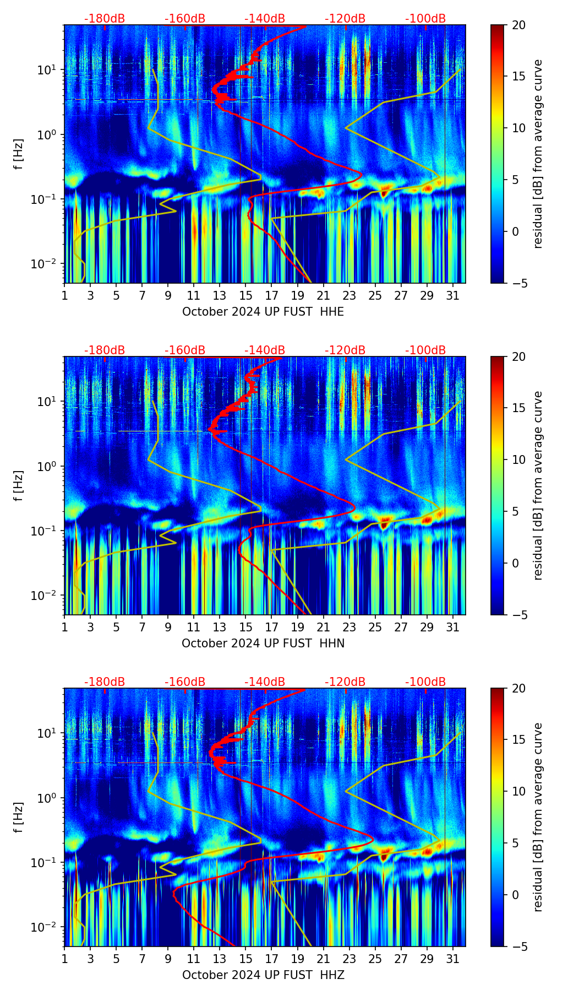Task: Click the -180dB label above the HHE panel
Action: pyautogui.click(x=105, y=19)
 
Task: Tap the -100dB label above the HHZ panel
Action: pyautogui.click(x=425, y=682)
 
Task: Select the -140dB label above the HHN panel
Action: pyautogui.click(x=265, y=350)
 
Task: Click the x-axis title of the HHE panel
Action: pyautogui.click(x=263, y=312)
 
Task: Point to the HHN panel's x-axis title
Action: pyautogui.click(x=263, y=643)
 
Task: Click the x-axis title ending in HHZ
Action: pyautogui.click(x=263, y=975)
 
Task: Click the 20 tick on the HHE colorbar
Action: pyautogui.click(x=519, y=25)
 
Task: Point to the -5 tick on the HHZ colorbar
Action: pyautogui.click(x=519, y=947)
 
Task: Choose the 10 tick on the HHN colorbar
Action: pyautogui.click(x=519, y=459)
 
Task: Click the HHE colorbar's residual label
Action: pyautogui.click(x=538, y=154)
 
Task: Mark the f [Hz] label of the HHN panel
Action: pyautogui.click(x=19, y=485)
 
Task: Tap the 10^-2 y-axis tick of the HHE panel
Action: pyautogui.click(x=45, y=264)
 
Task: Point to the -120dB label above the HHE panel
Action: pyautogui.click(x=345, y=19)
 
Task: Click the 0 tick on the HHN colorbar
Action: pyautogui.click(x=515, y=563)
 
